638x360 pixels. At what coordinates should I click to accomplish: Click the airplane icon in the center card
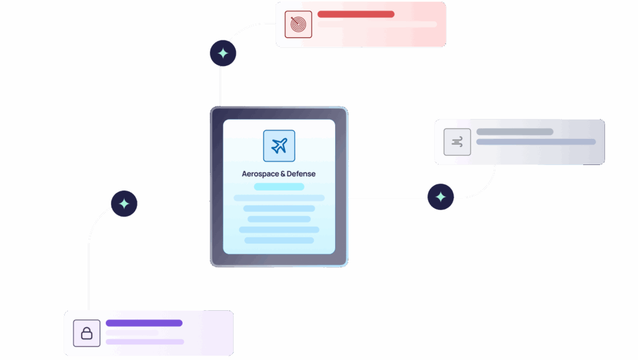point(279,146)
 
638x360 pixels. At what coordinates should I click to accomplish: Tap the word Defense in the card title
point(302,174)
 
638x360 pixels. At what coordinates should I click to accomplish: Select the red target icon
point(298,24)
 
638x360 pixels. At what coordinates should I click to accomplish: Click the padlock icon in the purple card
point(87,333)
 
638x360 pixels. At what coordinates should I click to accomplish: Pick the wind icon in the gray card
point(457,142)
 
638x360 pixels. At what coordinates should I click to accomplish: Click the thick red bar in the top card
point(356,14)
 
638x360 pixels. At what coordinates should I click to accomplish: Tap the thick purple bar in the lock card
point(144,323)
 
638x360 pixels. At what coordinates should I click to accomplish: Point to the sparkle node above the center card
point(223,53)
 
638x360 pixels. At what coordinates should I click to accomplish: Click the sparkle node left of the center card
point(124,203)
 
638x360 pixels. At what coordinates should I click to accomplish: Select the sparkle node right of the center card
point(440,197)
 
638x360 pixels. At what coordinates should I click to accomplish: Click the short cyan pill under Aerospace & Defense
point(279,187)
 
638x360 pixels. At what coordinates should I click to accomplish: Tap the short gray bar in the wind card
point(515,132)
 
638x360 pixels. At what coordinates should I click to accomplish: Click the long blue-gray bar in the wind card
point(536,142)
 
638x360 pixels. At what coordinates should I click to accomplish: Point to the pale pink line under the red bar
point(377,25)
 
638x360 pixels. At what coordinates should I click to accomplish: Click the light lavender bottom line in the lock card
point(145,342)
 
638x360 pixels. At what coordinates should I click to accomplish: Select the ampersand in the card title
point(283,174)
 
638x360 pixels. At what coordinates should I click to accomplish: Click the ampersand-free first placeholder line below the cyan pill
point(279,198)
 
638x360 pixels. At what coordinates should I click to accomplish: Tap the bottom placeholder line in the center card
point(279,240)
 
